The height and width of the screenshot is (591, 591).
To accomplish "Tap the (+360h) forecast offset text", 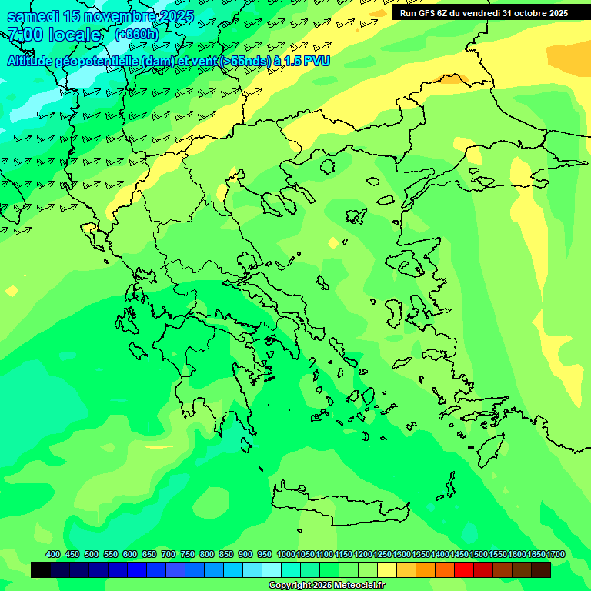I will click(136, 35).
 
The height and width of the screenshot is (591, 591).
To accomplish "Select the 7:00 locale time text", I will click(54, 35).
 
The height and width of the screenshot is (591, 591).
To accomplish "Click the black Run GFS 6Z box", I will click(483, 12).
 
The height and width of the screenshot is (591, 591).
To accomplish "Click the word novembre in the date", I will click(114, 16).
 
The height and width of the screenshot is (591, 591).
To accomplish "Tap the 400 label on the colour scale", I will click(52, 555).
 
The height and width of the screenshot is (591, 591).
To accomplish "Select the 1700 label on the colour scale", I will click(556, 555).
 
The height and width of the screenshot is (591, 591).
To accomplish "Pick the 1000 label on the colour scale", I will click(286, 555).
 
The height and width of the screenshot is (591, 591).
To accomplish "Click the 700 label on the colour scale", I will click(168, 555).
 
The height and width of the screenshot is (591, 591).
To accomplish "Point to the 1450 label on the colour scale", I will click(459, 555).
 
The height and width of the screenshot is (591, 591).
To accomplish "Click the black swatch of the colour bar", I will click(41, 570).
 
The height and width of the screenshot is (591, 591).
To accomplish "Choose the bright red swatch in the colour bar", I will click(464, 570).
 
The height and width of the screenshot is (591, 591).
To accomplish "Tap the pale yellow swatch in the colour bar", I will click(387, 570).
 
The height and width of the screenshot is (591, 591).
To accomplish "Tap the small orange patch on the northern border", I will click(452, 78).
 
